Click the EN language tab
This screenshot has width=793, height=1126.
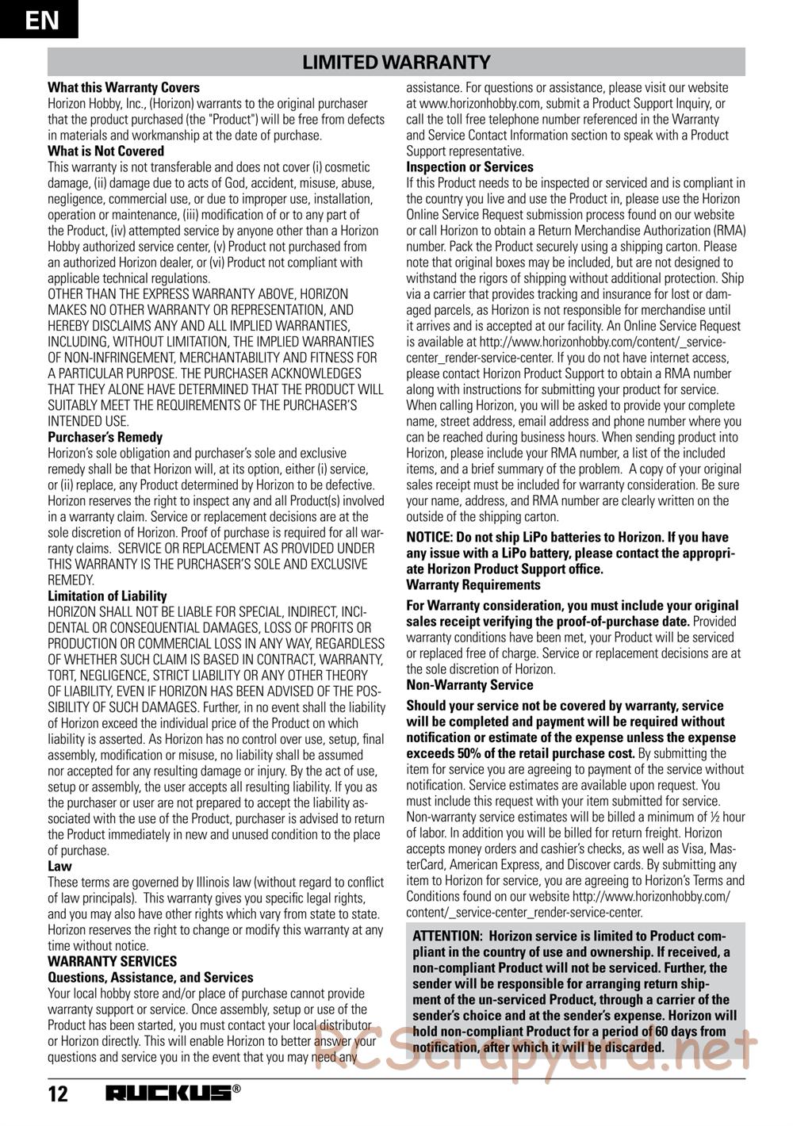click(40, 19)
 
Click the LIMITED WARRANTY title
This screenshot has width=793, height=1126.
click(396, 62)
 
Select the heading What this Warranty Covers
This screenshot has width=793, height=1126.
click(124, 87)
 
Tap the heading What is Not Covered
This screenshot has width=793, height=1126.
click(106, 151)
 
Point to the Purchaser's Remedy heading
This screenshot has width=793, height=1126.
click(105, 437)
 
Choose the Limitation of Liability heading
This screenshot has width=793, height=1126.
click(108, 596)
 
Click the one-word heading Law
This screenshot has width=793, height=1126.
click(59, 867)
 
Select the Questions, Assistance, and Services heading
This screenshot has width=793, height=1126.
click(151, 978)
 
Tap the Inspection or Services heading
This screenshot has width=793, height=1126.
click(469, 167)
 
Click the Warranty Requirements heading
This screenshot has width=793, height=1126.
click(473, 584)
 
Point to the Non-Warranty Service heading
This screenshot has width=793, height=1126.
click(469, 684)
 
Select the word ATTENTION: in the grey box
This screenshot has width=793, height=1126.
click(447, 936)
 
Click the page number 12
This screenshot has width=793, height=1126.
click(58, 1095)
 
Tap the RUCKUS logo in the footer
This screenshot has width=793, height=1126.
click(170, 1094)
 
